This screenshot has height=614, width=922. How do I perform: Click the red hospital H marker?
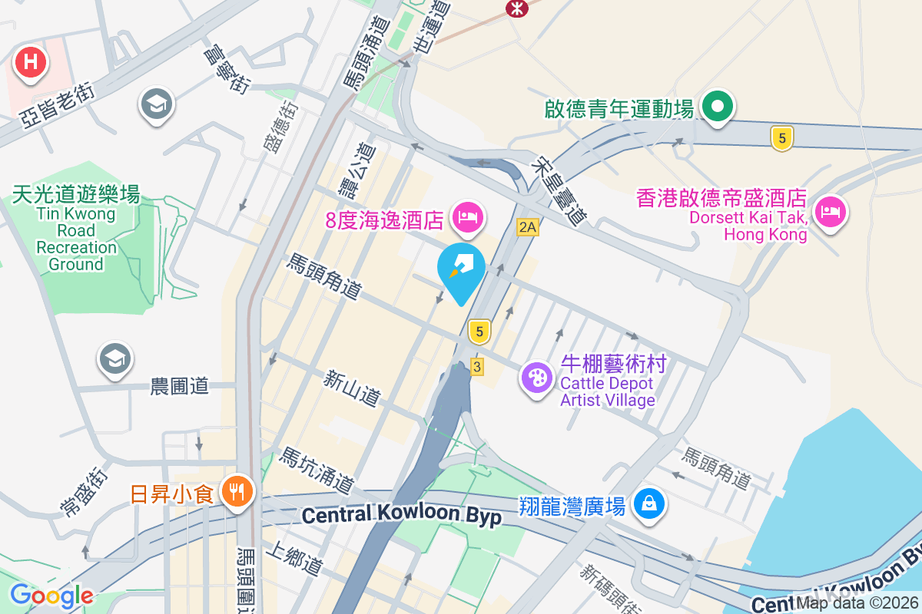coord(31,61)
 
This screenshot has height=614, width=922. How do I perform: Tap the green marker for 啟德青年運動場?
coord(719,107)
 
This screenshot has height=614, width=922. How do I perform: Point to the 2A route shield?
coord(527,227)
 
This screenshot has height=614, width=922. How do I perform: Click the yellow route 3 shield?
coord(477,367)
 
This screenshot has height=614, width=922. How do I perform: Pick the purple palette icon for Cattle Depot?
coord(537,378)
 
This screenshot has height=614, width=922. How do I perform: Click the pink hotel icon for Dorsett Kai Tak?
coord(830,212)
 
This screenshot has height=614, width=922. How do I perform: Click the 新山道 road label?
coord(352,388)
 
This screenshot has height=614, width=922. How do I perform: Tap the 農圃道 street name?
coord(179,386)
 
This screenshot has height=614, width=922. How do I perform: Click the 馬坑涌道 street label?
coord(317,470)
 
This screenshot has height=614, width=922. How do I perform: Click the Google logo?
coord(51,596)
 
